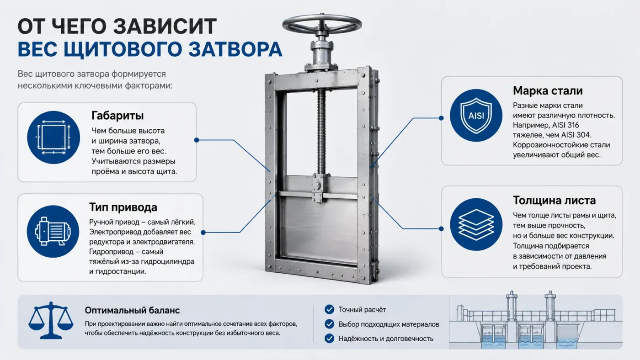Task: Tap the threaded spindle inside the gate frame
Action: pos(322,131)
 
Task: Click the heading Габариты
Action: pos(117,116)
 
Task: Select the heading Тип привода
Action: pos(123,207)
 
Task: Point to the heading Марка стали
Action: pos(548,91)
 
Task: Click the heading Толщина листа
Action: pos(554,201)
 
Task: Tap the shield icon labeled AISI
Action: pos(476,115)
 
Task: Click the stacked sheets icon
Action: pos(476,225)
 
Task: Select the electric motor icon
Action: pos(53,232)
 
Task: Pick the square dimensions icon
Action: pos(53,138)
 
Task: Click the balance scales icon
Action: pos(51,320)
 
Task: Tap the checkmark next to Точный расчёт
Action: pos(330,309)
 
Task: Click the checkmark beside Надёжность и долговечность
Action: pos(330,339)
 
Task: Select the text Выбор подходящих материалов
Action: pos(389,324)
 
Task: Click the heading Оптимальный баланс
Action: pos(132,310)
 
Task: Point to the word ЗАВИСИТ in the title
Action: pos(165,26)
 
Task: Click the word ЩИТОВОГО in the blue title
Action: pos(123,49)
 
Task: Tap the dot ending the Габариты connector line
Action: pos(197,140)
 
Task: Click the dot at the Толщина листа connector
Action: pos(441,229)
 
